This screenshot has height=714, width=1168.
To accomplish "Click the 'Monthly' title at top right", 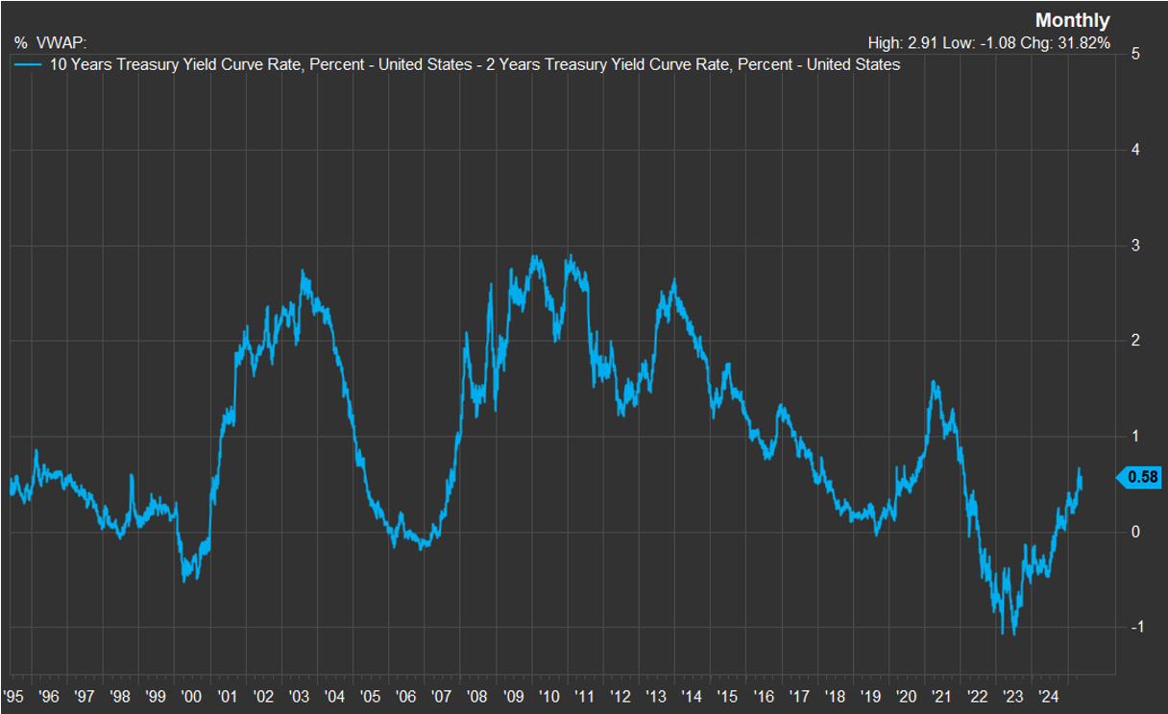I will point(1072,20).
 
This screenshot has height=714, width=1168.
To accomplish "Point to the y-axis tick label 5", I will point(1135,54).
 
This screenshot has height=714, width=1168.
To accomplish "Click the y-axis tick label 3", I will point(1135,246).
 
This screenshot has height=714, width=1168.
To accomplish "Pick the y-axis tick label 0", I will point(1135,532).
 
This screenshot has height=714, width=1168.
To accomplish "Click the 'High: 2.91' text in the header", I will point(899,43).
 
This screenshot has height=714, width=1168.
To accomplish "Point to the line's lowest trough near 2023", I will point(1014,633).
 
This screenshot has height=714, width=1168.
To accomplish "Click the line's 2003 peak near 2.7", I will point(303,273).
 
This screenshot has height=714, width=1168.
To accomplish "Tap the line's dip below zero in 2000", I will point(184,580).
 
